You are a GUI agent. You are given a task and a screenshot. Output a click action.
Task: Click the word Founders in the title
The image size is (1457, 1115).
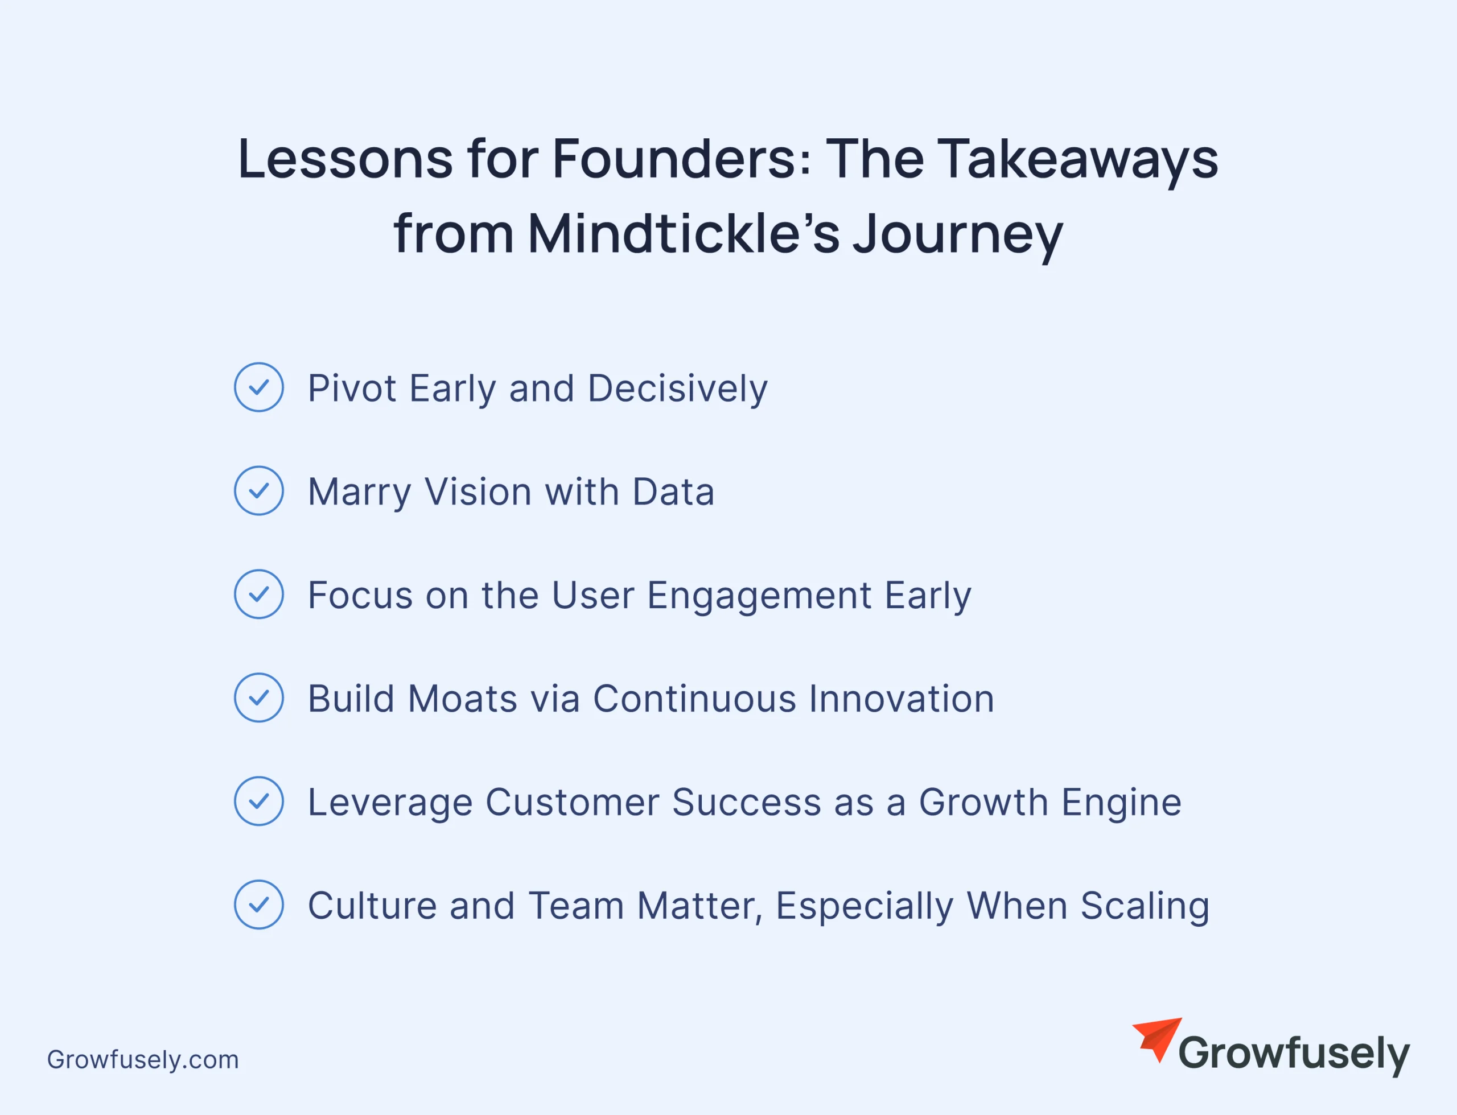(x=681, y=159)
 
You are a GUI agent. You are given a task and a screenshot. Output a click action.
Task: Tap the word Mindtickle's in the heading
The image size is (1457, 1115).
(x=684, y=234)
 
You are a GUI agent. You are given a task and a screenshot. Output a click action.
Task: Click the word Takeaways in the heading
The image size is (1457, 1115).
(x=1077, y=160)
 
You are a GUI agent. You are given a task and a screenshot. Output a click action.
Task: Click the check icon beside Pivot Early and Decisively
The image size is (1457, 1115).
(x=259, y=387)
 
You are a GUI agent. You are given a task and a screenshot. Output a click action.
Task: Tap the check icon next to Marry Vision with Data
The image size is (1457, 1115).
(x=259, y=490)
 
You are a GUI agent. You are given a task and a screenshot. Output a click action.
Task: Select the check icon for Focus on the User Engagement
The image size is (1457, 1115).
(x=259, y=594)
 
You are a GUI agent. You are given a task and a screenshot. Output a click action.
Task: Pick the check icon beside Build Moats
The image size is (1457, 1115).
(x=259, y=697)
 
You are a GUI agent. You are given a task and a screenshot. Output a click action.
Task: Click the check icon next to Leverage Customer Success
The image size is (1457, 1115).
(x=259, y=801)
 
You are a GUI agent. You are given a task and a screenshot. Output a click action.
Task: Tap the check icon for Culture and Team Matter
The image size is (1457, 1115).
(x=259, y=905)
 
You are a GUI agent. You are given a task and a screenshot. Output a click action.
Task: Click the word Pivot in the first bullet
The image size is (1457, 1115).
(x=352, y=387)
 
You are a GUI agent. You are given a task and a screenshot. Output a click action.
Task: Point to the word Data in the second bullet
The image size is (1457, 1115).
(x=673, y=492)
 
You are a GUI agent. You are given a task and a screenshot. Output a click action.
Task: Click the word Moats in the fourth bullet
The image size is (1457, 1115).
(x=462, y=699)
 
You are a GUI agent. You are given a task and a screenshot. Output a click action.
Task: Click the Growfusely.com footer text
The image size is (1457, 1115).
(x=143, y=1060)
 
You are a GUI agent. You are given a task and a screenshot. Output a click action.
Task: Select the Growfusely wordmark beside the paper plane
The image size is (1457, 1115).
(x=1294, y=1055)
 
